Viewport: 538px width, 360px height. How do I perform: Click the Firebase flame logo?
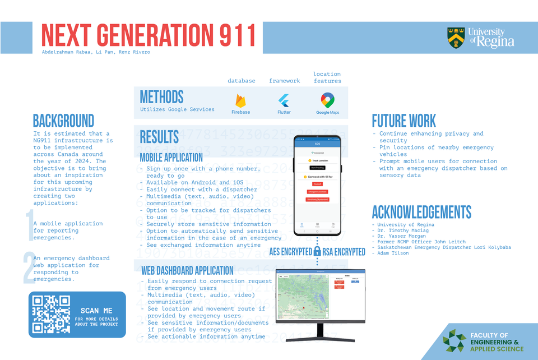pos(240,100)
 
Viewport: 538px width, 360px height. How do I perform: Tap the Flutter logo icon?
pos(284,100)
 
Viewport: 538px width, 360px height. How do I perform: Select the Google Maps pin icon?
pos(327,100)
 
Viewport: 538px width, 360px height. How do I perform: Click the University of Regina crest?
pos(455,38)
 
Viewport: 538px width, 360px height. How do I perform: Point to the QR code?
pos(52,315)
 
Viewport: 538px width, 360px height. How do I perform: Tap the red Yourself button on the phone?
pos(317,184)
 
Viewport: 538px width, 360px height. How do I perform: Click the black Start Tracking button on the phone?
pos(317,167)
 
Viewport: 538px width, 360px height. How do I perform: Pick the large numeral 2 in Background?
pos(29,268)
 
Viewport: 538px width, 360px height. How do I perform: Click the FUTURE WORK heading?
pos(403,121)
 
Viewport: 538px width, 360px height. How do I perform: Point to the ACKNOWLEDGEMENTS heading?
pos(421,213)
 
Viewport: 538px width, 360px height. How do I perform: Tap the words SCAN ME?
pos(96,311)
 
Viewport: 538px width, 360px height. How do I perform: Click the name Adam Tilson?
pos(393,253)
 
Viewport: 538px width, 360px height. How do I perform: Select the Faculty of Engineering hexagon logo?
pos(453,341)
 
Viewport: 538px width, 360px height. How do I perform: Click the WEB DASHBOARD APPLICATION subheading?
pos(187,271)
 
